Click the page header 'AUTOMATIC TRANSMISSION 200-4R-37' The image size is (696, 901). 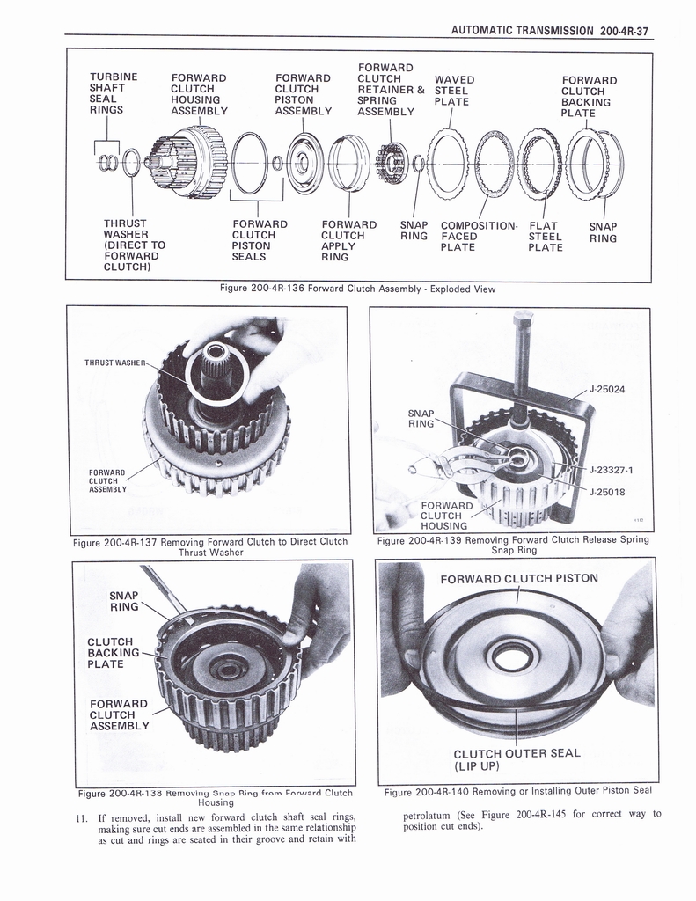[549, 30]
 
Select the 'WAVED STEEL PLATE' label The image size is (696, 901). [454, 91]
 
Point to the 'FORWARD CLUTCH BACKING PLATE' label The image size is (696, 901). [588, 97]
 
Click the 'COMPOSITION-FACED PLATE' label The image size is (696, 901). [479, 236]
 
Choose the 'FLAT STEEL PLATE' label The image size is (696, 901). [545, 237]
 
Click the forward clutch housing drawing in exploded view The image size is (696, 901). [187, 160]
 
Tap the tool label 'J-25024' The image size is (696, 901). [607, 390]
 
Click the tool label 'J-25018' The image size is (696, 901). [607, 492]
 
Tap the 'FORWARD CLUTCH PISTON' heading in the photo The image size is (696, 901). [518, 578]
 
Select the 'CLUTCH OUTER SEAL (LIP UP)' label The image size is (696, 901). [516, 759]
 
